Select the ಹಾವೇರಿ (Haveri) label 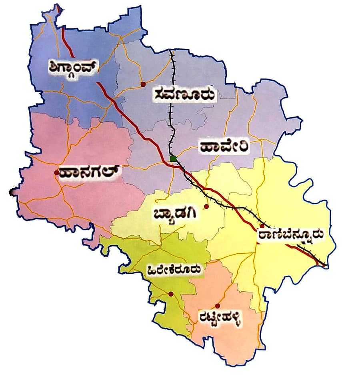pos(224,146)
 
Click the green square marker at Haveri pos(173,159)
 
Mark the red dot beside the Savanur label pos(142,84)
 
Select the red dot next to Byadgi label pos(206,207)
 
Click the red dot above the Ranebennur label pos(262,226)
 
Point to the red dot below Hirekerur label pos(171,294)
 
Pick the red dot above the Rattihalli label pos(217,306)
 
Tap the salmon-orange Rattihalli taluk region pos(224,340)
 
